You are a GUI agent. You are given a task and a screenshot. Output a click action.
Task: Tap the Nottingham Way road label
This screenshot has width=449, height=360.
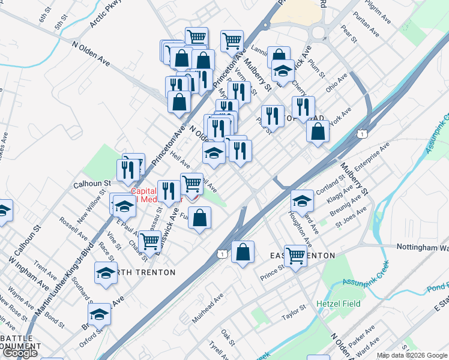(423, 247)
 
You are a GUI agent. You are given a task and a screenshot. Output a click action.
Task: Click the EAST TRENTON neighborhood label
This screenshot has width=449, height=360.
(303, 256)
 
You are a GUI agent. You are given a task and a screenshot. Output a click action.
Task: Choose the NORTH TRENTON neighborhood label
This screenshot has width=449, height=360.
(147, 272)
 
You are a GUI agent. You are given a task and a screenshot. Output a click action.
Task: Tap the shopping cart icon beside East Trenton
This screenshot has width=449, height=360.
(295, 256)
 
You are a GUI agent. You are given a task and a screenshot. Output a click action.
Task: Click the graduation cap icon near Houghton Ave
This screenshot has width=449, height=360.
(302, 200)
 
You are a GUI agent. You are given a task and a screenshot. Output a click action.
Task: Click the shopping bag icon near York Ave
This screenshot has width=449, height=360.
(318, 131)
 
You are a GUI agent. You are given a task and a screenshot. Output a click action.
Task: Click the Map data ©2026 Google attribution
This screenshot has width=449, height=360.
(411, 355)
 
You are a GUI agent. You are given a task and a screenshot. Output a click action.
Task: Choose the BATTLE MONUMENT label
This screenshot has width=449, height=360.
(21, 343)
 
